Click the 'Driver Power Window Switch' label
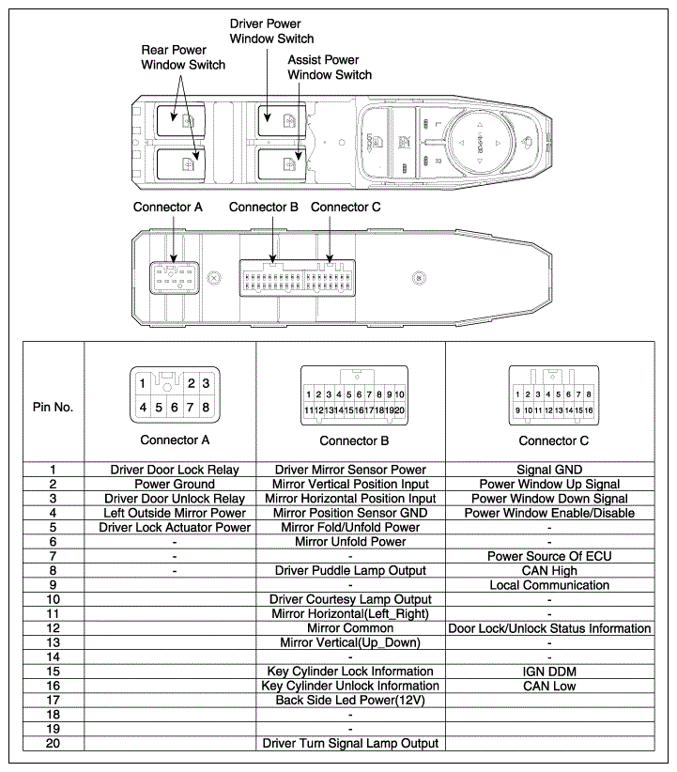271,30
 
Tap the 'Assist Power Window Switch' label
329,67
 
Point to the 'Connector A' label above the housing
168,207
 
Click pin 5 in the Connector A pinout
160,408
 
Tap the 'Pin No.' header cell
53,408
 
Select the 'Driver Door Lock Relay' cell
175,470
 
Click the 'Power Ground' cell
175,484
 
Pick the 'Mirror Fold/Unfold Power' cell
350,527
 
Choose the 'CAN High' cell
548,570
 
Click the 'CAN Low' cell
548,686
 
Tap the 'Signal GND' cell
548,470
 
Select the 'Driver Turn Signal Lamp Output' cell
350,744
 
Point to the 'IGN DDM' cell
548,672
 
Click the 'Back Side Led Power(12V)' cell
350,701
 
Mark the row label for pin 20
53,744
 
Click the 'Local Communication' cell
548,585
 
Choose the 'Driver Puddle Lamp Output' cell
350,570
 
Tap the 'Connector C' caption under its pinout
554,440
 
